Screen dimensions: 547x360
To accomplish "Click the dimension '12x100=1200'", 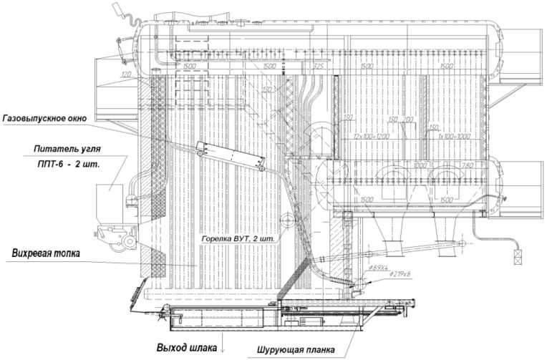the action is [371, 136].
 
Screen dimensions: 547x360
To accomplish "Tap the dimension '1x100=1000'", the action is [450, 136].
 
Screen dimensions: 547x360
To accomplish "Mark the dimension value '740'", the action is [468, 166].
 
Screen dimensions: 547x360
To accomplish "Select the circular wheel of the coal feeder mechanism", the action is [129, 242].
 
